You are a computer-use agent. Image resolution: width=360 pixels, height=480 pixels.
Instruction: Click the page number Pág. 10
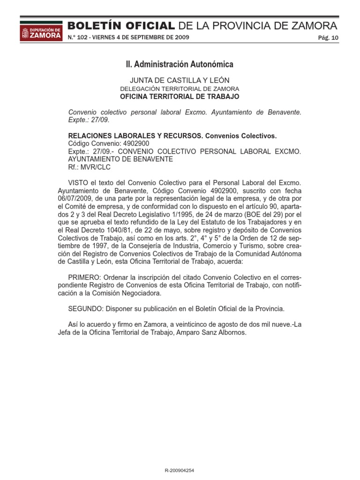[328, 38]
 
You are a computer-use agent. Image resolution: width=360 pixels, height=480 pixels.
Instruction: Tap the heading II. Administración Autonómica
[180, 64]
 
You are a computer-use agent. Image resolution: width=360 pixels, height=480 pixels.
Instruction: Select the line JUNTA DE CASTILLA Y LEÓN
[180, 80]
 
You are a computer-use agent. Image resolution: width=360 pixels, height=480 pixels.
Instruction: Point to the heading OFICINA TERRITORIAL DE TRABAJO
[180, 97]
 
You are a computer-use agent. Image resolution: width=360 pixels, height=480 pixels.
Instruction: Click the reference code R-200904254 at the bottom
[180, 469]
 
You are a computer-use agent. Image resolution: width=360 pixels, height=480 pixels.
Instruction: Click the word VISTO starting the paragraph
[78, 181]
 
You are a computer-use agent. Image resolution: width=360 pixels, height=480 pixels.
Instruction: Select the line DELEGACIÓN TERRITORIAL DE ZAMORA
[180, 89]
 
